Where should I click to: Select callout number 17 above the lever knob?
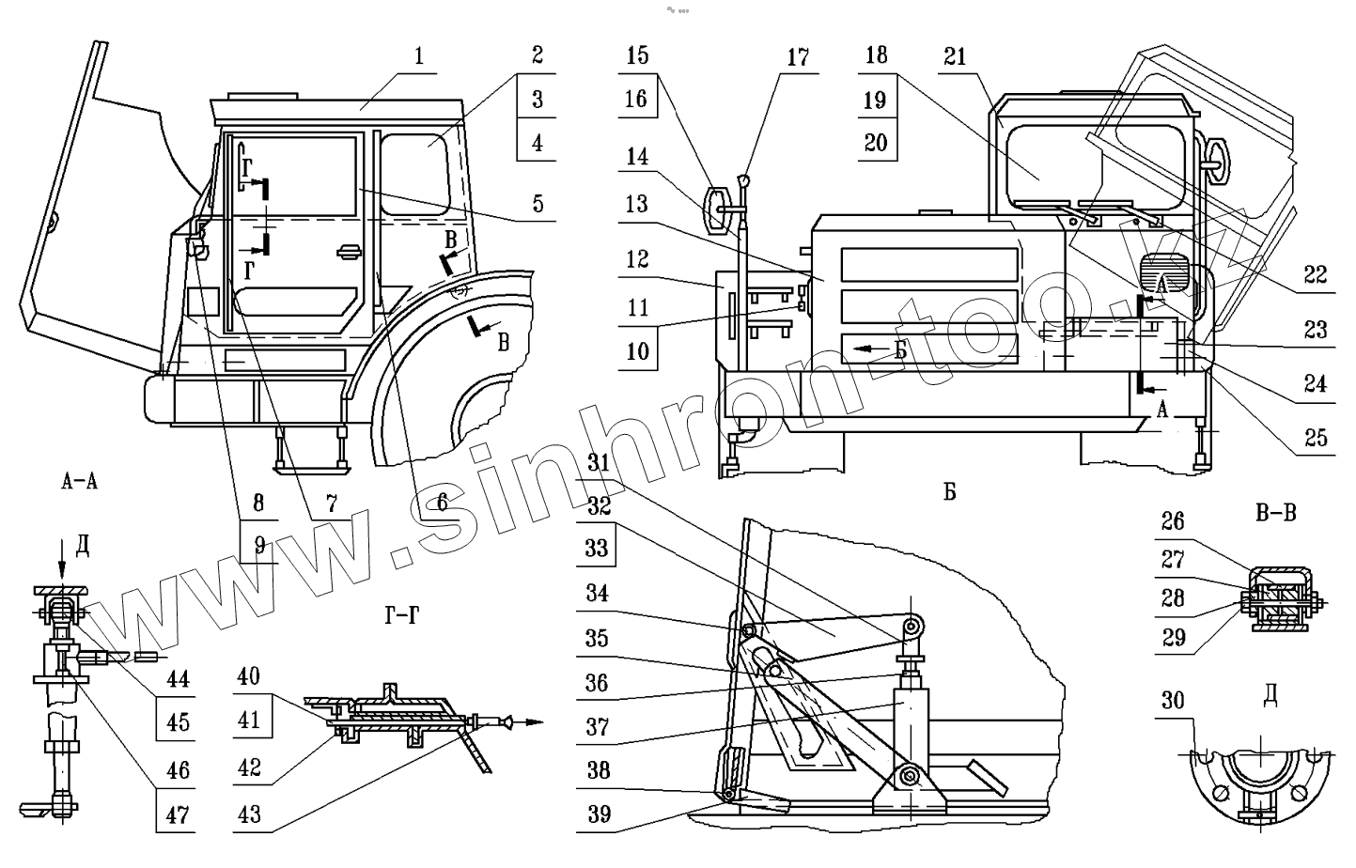click(797, 57)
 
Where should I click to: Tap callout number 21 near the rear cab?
click(955, 57)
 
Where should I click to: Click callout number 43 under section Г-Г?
click(249, 814)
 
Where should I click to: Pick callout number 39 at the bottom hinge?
click(598, 814)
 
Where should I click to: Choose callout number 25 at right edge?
click(1315, 437)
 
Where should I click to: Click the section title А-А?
click(79, 483)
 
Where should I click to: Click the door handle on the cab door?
click(347, 250)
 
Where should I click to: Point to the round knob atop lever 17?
click(743, 178)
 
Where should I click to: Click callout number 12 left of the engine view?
click(637, 258)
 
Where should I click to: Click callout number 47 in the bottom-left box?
click(177, 814)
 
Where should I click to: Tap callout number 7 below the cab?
click(331, 503)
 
